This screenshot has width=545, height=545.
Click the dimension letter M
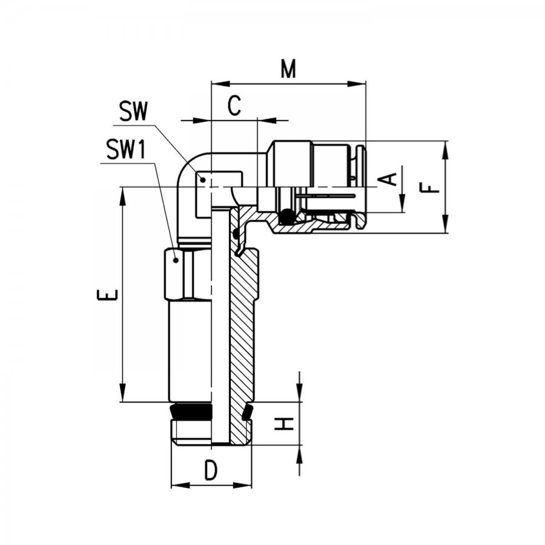(x=288, y=68)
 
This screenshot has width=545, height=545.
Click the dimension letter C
(x=234, y=105)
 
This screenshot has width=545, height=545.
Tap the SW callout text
(x=133, y=111)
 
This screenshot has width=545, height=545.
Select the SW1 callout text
(x=126, y=149)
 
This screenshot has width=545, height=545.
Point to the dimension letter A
(x=388, y=179)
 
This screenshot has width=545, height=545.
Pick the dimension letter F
(x=430, y=188)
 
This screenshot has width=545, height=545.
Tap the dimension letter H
(x=284, y=424)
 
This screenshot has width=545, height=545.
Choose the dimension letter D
(x=211, y=471)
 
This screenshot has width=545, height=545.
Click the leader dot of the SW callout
(x=203, y=179)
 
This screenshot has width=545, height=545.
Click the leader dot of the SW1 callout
(x=176, y=260)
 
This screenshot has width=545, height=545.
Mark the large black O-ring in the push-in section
(x=287, y=216)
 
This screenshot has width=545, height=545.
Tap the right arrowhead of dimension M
(x=357, y=84)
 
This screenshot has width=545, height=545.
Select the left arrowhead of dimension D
(x=180, y=485)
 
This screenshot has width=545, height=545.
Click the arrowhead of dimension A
(x=402, y=203)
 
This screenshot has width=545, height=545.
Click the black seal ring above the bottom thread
(x=191, y=412)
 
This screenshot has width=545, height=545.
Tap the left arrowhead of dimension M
(x=220, y=84)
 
